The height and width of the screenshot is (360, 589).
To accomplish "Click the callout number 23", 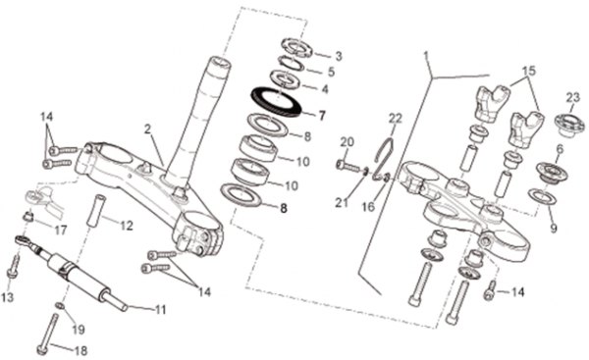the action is click(573, 98).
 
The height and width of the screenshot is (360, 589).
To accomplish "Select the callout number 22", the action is click(396, 119).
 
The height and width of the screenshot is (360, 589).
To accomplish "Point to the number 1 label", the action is click(426, 57).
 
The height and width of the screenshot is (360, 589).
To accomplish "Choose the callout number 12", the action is click(127, 226).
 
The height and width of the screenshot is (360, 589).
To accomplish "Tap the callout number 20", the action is click(348, 142).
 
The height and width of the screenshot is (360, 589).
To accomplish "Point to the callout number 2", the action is click(147, 129).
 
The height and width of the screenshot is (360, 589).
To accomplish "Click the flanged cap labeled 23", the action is click(570, 125).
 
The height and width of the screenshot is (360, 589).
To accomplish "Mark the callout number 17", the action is click(60, 230).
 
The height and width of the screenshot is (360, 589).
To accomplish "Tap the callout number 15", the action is click(529, 71).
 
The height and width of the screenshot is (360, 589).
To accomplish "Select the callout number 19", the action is click(79, 330).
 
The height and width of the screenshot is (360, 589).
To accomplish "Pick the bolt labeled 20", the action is click(348, 166).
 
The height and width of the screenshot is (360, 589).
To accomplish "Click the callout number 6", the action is click(560, 149).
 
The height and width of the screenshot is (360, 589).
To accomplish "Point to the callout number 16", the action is click(368, 206).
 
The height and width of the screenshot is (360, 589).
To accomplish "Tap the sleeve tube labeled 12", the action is click(94, 210).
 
